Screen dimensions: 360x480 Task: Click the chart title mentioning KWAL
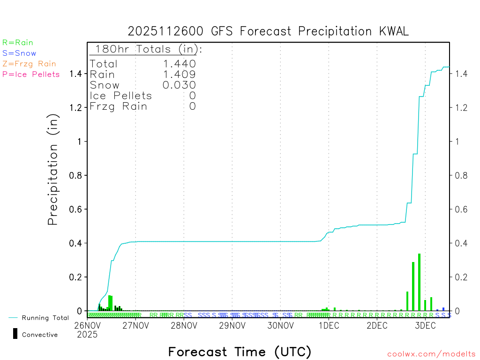(269, 31)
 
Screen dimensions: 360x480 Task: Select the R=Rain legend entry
(18, 43)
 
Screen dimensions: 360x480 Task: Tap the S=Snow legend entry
(19, 53)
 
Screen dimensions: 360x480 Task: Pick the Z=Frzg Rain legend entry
(29, 64)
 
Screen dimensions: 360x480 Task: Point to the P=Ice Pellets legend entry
(31, 74)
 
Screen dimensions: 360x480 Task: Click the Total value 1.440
(179, 64)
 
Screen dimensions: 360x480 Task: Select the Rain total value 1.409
(179, 74)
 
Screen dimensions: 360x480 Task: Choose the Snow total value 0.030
(179, 85)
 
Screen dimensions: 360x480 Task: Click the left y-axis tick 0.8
(76, 175)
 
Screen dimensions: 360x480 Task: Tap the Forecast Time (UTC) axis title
(240, 352)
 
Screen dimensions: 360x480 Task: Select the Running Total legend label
(45, 318)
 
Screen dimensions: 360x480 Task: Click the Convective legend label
(40, 335)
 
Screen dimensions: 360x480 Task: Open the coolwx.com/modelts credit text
(431, 354)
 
